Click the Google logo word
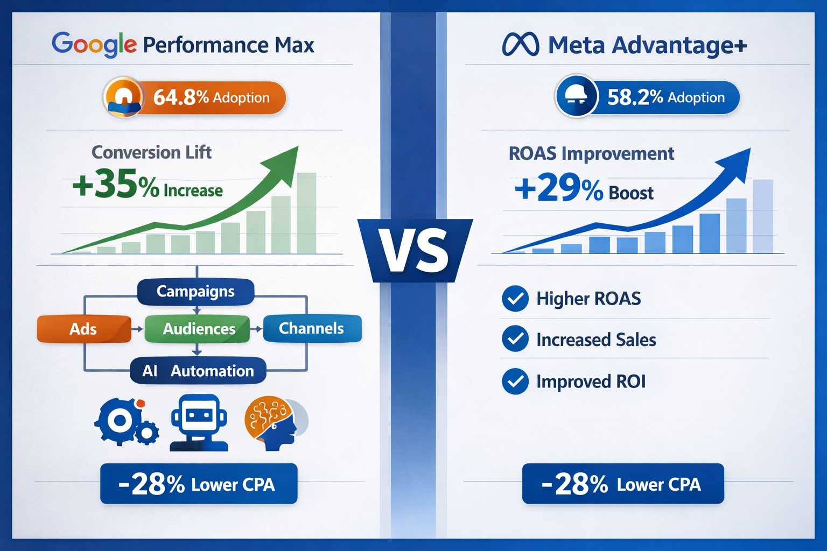(x=94, y=44)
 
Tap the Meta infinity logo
(x=520, y=45)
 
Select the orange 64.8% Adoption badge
(x=194, y=98)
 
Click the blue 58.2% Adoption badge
(x=647, y=97)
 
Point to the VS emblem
(x=415, y=251)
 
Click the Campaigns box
(x=195, y=292)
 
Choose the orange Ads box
(x=83, y=329)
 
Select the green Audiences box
(x=198, y=329)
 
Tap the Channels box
(x=311, y=328)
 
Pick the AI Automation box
(x=198, y=371)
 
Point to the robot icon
(x=199, y=423)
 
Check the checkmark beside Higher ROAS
(x=515, y=299)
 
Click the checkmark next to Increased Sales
(x=515, y=340)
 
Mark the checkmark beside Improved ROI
(x=515, y=382)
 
